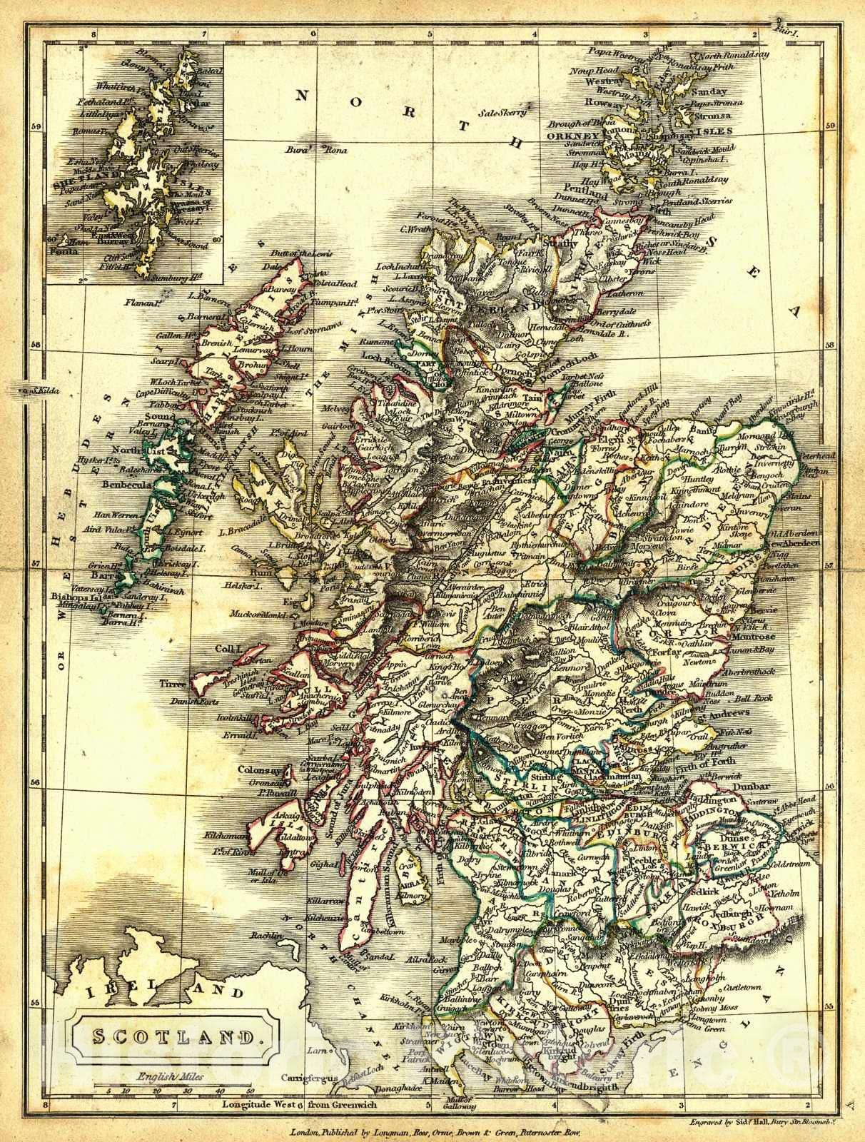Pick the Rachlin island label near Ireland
click(268, 936)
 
